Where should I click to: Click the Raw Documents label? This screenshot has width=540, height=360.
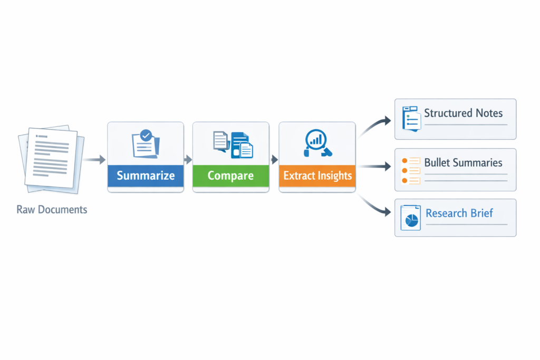coord(52,209)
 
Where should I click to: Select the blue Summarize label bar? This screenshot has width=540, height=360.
coord(146,176)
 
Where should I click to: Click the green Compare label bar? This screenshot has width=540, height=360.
coord(230,176)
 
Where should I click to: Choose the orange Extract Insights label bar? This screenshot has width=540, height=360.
coord(317,176)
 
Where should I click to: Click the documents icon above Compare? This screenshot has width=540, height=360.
coord(233,144)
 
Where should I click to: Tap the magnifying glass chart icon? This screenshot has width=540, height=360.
coord(316,143)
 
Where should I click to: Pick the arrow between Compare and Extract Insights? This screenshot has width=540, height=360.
coord(274,159)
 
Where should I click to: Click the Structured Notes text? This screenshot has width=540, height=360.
coord(463,113)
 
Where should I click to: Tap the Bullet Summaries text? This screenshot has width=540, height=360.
coord(463,162)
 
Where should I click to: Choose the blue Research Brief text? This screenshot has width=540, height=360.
coord(459,213)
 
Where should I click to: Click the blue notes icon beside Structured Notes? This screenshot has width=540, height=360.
coord(410,118)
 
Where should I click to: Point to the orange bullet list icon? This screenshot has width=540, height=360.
coord(410,170)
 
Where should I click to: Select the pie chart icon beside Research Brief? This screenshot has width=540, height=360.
coord(410,218)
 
